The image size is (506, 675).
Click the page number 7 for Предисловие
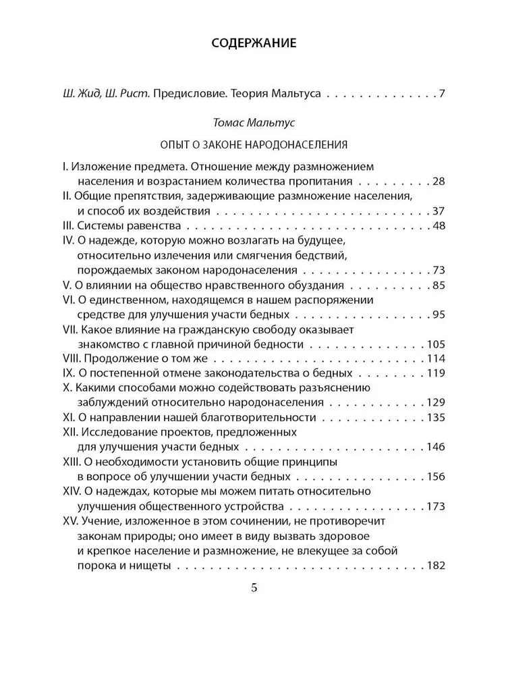[x=441, y=93]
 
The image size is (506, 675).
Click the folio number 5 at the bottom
[x=254, y=587]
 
